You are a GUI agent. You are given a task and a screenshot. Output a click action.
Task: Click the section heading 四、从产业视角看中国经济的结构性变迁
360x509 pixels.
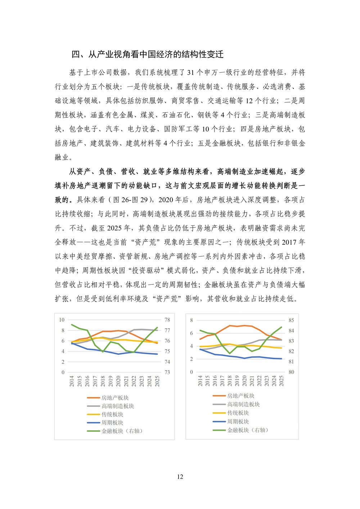147,54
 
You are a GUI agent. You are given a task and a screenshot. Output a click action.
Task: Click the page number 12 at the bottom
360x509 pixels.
180,477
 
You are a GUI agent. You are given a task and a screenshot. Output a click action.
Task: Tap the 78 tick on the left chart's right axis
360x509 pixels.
167,320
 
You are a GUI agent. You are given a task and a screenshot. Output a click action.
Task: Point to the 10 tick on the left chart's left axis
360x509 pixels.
62,320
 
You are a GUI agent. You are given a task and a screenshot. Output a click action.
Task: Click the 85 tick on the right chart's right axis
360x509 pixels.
291,320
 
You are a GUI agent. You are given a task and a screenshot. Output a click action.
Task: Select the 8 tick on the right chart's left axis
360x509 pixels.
192,320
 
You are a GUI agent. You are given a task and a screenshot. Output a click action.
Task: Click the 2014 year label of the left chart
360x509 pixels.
72,381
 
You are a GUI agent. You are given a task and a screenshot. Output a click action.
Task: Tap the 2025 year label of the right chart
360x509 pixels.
282,381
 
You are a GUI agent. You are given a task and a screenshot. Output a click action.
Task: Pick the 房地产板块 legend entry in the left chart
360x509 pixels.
115,398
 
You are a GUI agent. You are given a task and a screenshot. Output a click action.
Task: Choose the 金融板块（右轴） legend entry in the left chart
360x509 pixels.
122,431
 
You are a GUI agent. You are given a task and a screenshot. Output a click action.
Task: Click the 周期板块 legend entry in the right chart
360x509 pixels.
238,422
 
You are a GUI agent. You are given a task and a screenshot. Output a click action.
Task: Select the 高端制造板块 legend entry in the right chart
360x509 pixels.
243,405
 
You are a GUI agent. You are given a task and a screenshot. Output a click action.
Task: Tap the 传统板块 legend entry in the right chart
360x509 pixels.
238,413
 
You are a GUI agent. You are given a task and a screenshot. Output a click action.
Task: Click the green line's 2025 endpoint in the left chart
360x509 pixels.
157,328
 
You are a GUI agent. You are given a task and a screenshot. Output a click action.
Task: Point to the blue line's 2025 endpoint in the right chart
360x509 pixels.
282,359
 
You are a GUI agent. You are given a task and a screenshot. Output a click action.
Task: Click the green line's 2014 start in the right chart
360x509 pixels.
200,330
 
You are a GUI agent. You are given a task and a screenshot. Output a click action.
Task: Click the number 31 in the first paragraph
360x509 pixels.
190,72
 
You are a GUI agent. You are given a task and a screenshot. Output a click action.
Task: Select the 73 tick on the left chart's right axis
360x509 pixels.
167,372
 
